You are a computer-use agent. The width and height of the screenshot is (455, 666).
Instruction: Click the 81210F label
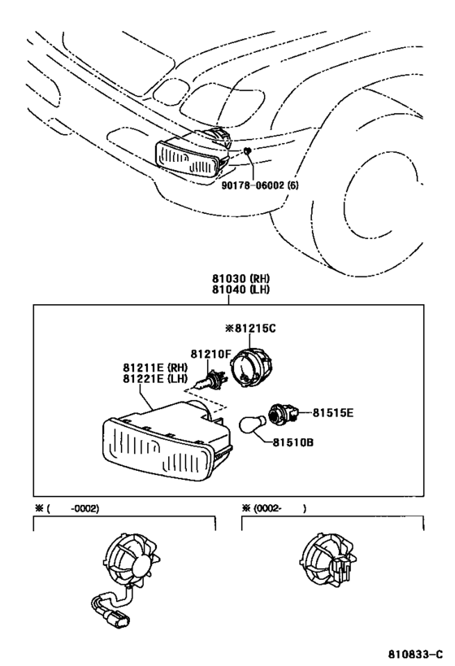211,354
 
